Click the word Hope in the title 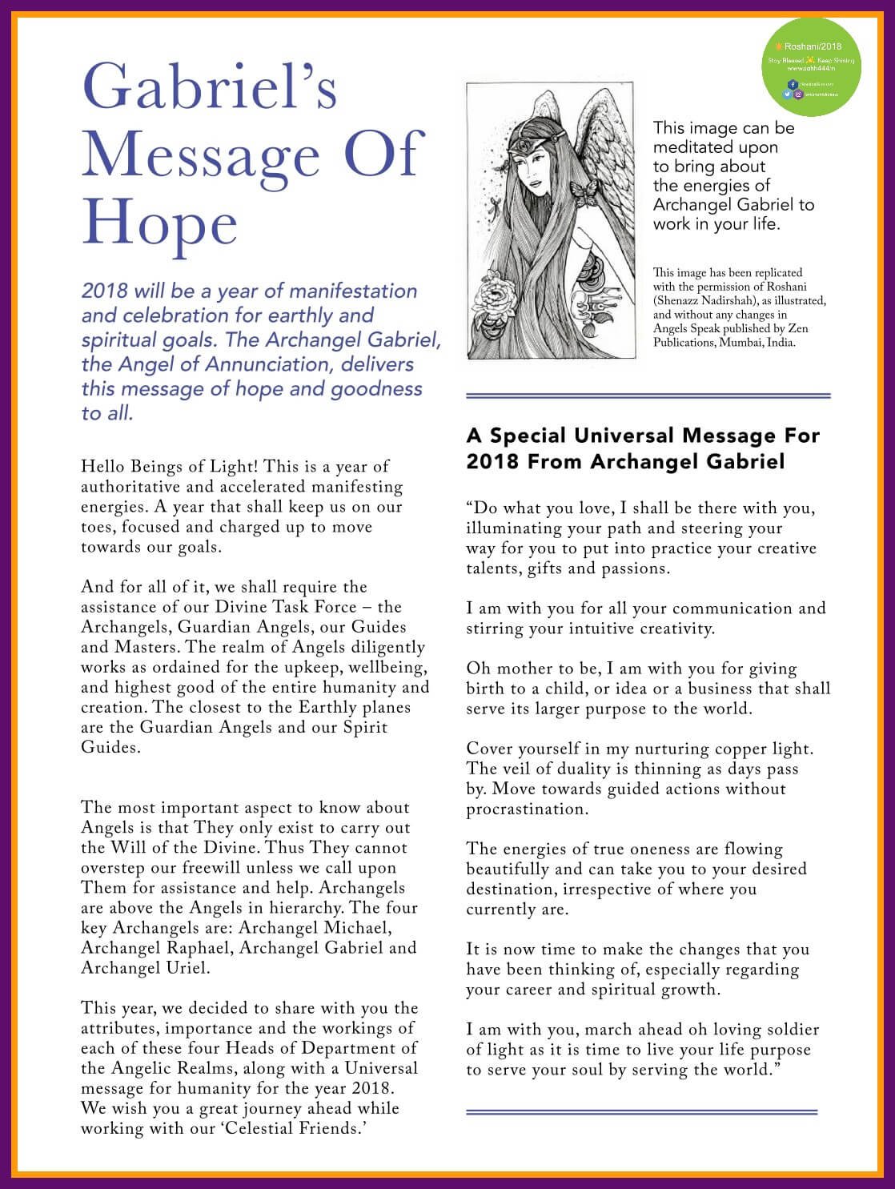click(x=160, y=223)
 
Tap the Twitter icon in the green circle click(x=788, y=94)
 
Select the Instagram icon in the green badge click(x=798, y=94)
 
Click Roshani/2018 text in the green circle click(x=812, y=46)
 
